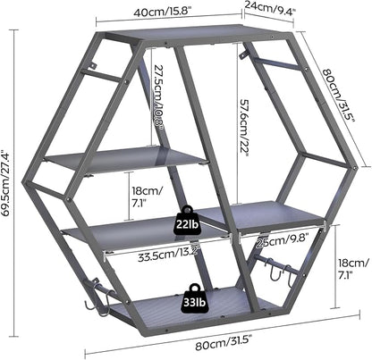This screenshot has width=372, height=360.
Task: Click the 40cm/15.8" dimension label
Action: tap(162, 13)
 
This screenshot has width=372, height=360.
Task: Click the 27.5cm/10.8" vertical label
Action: tap(157, 97)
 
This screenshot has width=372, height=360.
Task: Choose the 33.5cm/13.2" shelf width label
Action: tap(168, 255)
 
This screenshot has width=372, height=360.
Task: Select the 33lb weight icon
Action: tap(194, 299)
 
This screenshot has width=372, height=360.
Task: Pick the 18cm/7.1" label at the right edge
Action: tap(353, 268)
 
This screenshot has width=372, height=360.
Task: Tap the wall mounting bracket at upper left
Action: tap(94, 65)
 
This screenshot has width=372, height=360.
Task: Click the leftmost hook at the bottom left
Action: tap(89, 306)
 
